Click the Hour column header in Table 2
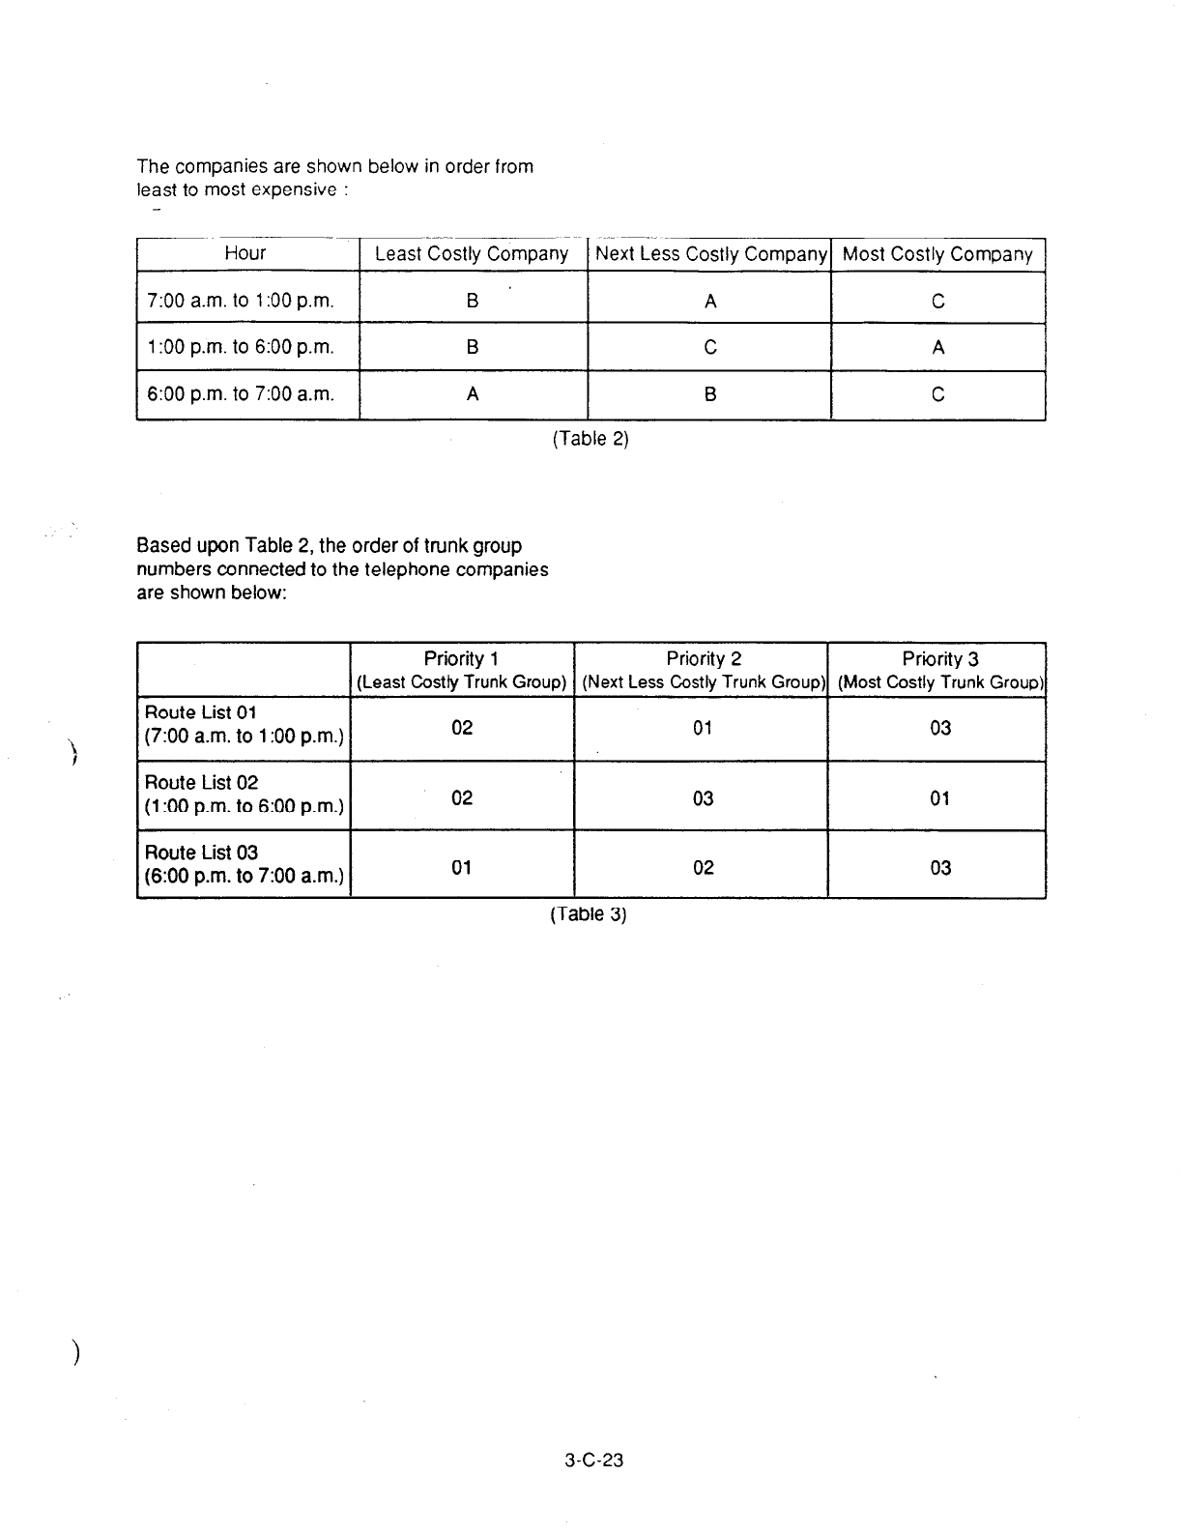click(x=245, y=253)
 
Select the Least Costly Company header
click(x=472, y=254)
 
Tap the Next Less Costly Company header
click(x=710, y=254)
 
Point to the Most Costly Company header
click(x=937, y=254)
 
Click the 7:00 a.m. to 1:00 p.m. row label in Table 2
click(x=241, y=301)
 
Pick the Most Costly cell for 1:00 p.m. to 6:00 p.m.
click(x=937, y=347)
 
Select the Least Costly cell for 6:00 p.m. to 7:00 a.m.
click(x=472, y=394)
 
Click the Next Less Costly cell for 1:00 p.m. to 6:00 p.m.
click(x=710, y=347)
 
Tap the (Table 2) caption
click(x=590, y=439)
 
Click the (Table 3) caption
click(x=589, y=914)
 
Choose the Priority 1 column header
click(x=461, y=669)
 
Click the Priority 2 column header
click(x=703, y=669)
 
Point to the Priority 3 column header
click(x=940, y=669)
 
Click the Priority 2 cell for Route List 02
click(x=703, y=798)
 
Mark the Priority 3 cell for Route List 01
click(x=940, y=728)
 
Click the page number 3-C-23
click(x=594, y=1461)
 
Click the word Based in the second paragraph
click(x=162, y=546)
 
